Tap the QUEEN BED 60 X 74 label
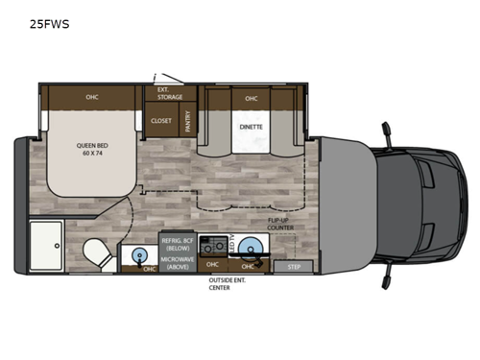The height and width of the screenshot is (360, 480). pos(92,150)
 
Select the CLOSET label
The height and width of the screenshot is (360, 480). pos(160,121)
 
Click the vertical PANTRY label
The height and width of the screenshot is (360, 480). pos(187,121)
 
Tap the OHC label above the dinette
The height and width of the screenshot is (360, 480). pos(251,97)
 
